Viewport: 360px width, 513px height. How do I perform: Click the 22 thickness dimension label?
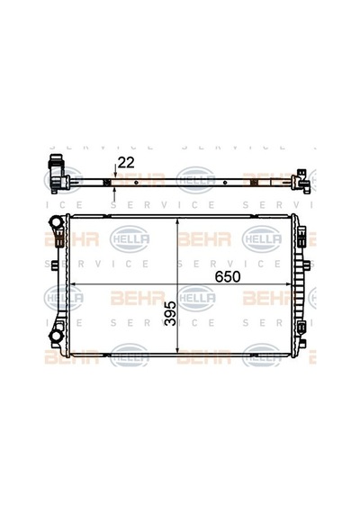pos(126,162)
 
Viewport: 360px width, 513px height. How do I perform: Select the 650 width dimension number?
pos(228,277)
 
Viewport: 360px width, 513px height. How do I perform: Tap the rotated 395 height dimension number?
pos(170,313)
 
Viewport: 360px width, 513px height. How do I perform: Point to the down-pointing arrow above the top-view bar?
pos(114,171)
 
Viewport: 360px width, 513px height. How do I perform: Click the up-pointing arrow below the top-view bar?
pos(114,194)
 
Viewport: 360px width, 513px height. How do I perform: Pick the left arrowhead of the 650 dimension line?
pos(73,284)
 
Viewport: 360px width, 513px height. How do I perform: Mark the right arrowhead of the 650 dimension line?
pos(288,284)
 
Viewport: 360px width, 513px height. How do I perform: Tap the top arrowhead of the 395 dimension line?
pos(177,222)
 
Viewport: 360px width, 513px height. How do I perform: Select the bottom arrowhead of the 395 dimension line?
pos(177,349)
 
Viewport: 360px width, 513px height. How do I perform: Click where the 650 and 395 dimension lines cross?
pos(177,284)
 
